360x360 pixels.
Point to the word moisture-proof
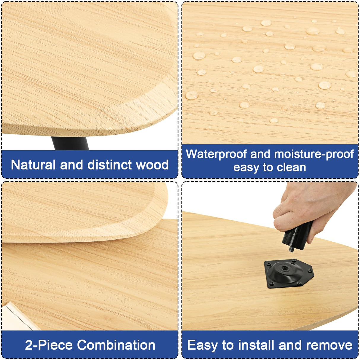click(x=314, y=154)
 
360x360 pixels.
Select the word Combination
click(x=116, y=345)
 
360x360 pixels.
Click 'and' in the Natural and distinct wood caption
click(x=71, y=165)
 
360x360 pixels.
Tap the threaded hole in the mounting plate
click(x=287, y=269)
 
